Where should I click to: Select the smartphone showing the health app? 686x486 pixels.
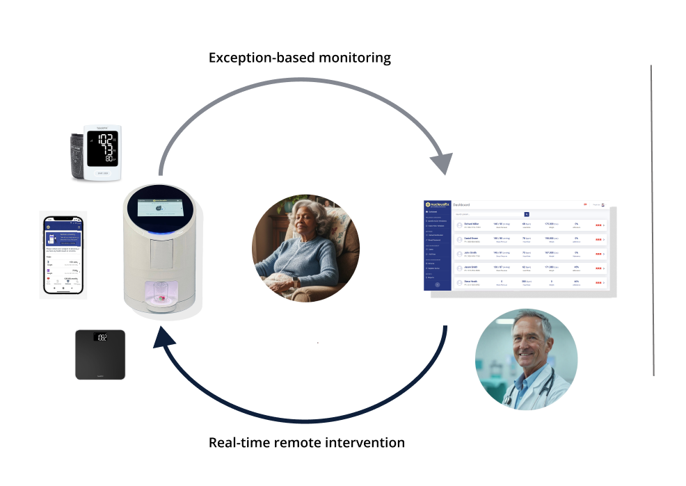[x=63, y=254]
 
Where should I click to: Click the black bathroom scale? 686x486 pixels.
[x=100, y=354]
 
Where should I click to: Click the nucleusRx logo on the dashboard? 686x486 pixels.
[x=438, y=205]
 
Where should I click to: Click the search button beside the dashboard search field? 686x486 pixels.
[x=527, y=214]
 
